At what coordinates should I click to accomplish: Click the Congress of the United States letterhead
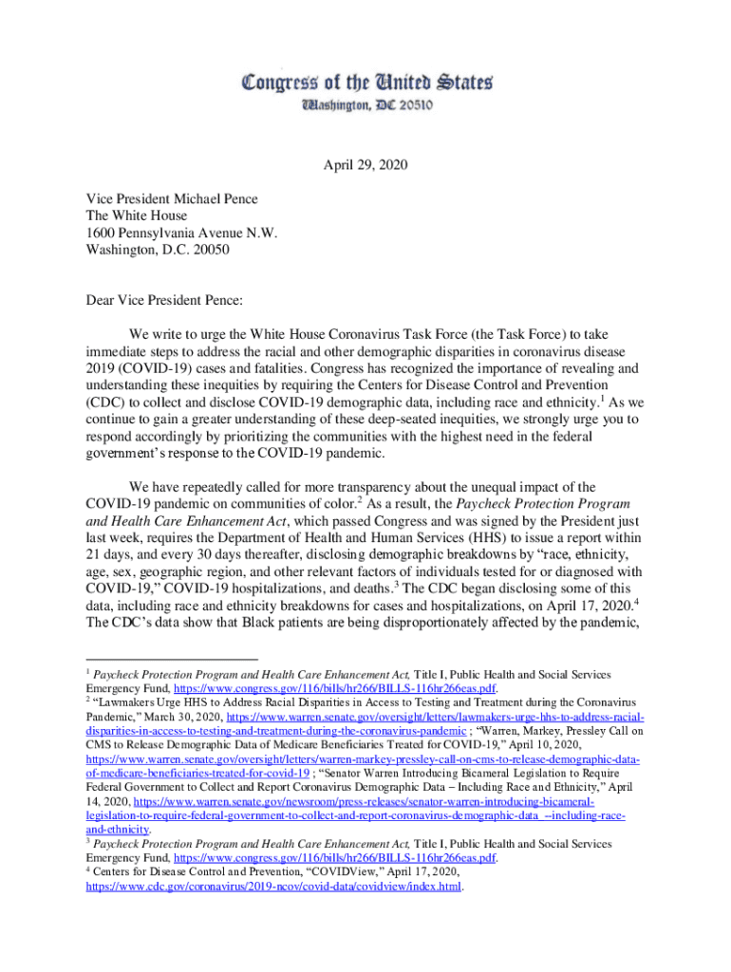[x=365, y=83]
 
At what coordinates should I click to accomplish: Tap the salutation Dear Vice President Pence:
[x=164, y=301]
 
